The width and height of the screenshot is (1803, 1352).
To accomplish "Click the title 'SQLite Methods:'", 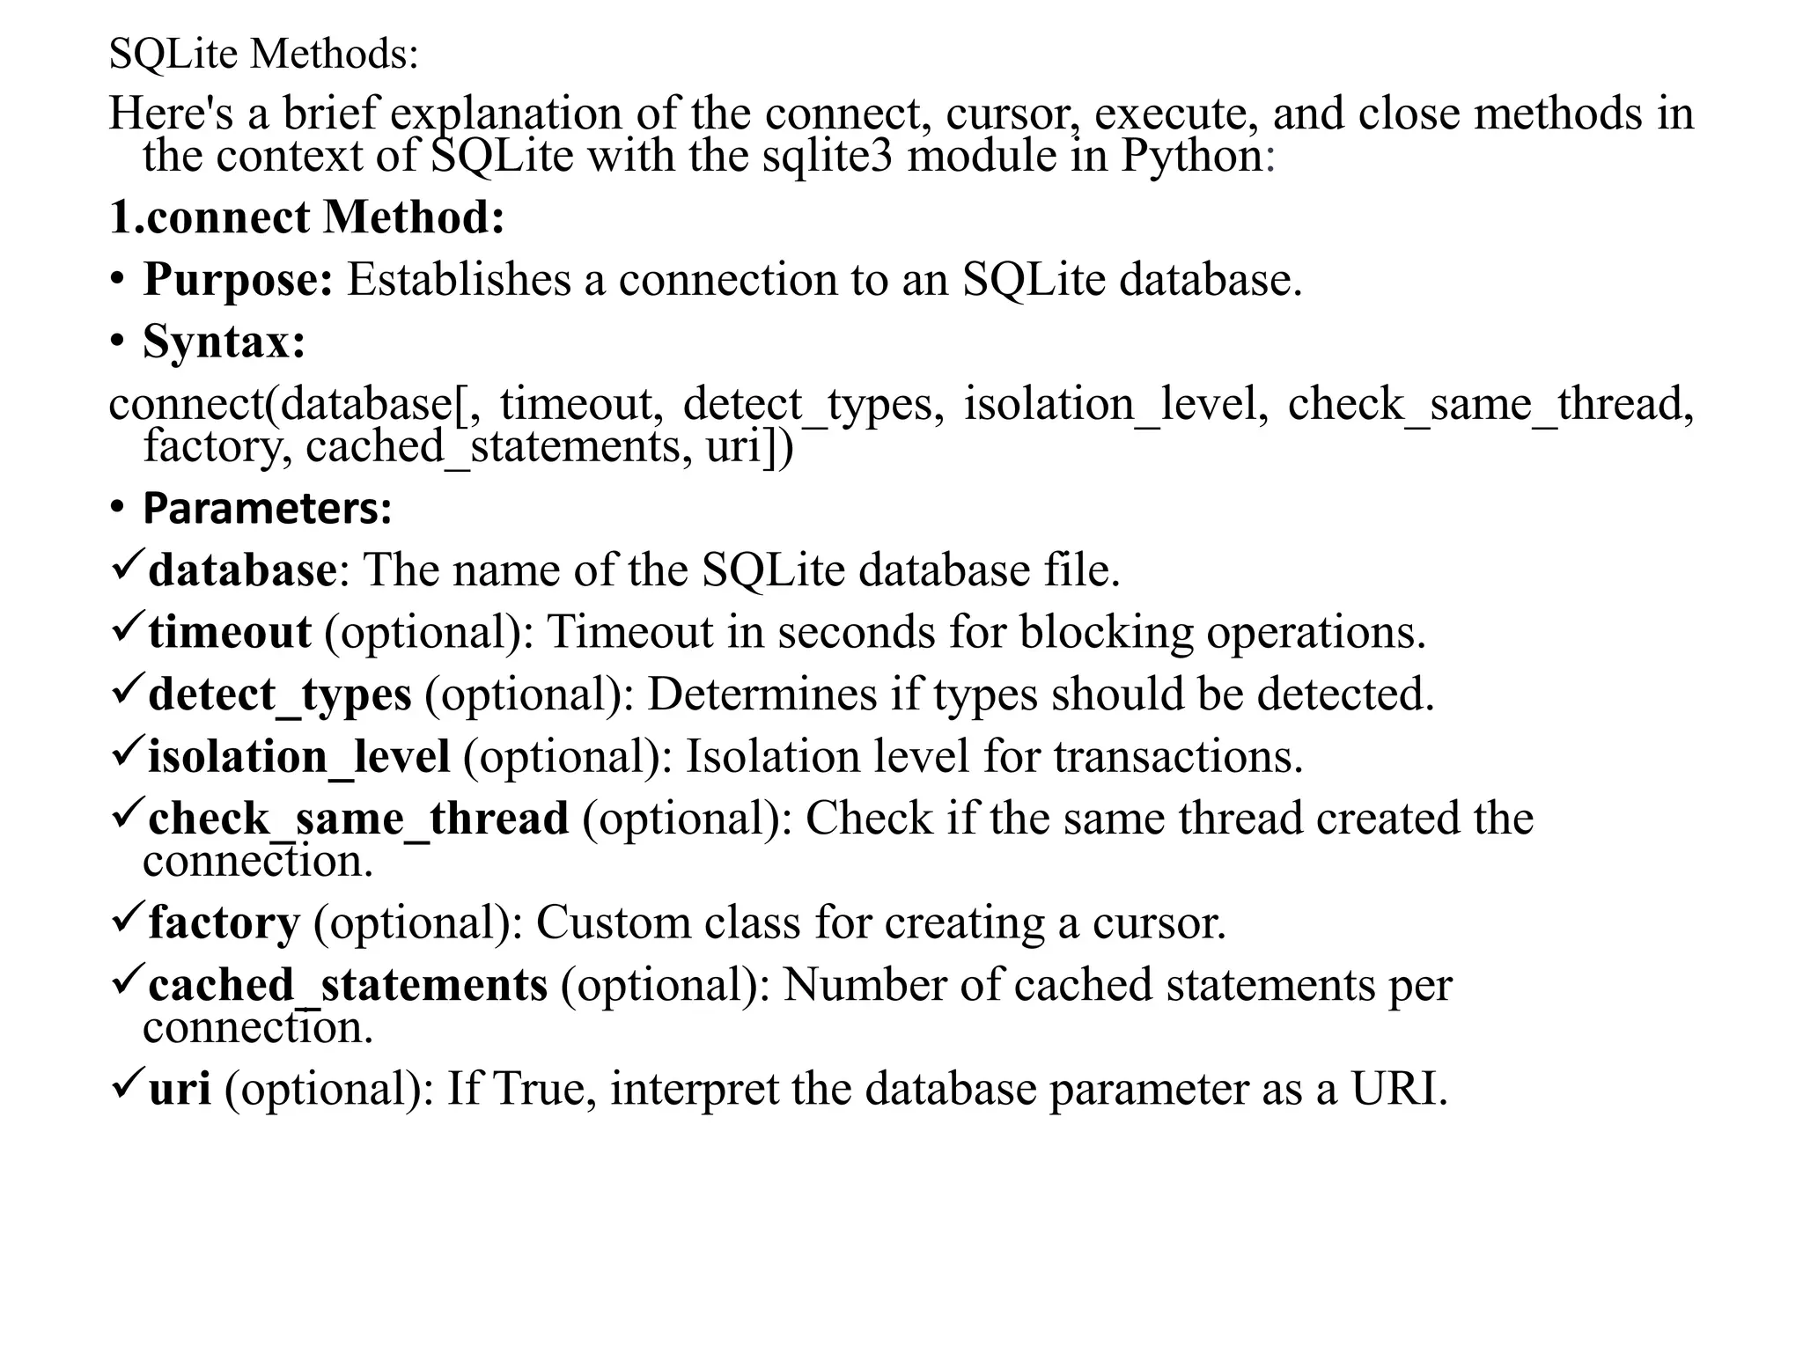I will (263, 55).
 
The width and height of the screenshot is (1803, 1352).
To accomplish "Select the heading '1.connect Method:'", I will (306, 217).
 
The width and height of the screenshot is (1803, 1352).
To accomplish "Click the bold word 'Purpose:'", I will (238, 280).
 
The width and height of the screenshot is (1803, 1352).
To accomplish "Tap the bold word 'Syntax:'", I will (224, 342).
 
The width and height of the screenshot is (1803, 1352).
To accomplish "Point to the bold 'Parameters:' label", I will (267, 509).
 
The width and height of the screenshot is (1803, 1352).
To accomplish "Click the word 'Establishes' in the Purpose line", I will (458, 280).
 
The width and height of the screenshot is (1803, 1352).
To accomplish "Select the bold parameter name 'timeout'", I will (229, 632).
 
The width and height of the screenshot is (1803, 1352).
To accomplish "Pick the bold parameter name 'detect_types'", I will (279, 694).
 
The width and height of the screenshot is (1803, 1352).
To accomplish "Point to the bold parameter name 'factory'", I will (224, 922).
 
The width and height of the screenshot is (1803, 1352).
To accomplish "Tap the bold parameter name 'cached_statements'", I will (348, 985).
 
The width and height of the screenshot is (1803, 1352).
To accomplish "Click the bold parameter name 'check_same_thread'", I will (357, 819).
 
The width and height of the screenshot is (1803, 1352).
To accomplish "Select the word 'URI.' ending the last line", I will (1399, 1089).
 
